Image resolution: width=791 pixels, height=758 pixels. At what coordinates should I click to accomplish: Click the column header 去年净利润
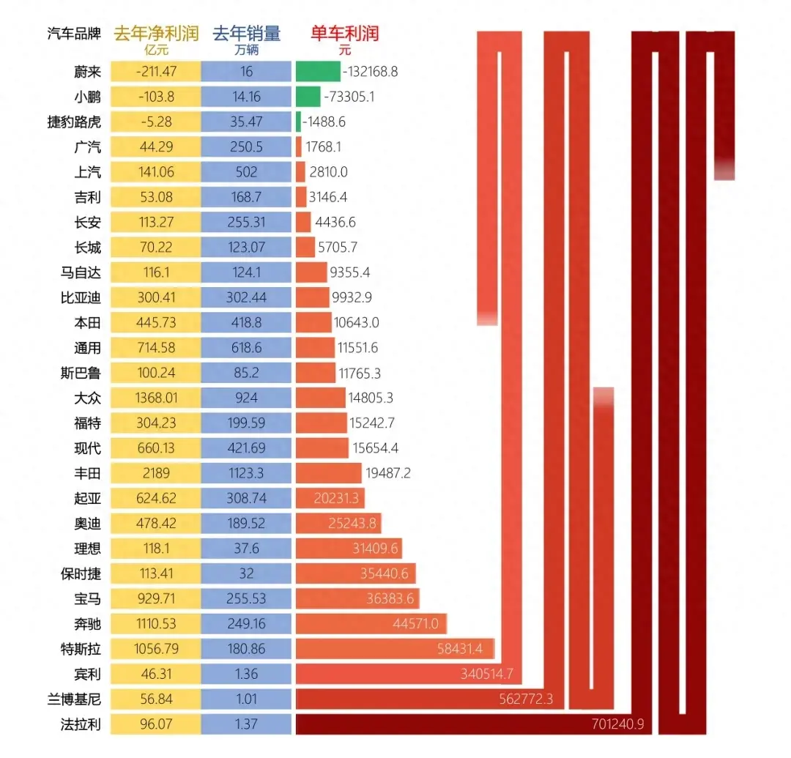[x=156, y=34]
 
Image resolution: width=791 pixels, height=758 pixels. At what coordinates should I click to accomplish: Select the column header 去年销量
[x=246, y=34]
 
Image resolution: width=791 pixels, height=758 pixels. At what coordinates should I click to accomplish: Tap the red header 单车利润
[x=345, y=34]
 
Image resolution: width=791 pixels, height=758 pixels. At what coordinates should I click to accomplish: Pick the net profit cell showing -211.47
[x=155, y=71]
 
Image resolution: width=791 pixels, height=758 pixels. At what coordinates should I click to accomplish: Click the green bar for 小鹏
[x=308, y=97]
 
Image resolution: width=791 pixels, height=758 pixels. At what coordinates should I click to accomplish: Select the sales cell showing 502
[x=246, y=172]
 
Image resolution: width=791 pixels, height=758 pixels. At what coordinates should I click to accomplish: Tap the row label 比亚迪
[x=81, y=297]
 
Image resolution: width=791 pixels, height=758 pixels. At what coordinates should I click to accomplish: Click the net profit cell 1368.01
[x=155, y=398]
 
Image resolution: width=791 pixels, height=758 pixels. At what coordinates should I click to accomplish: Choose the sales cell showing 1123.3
[x=246, y=473]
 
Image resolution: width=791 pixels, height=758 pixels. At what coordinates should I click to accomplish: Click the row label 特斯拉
[x=81, y=648]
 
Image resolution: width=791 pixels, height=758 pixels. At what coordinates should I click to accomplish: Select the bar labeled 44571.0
[x=371, y=623]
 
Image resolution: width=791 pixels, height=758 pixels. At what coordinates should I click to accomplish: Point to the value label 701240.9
[x=617, y=724]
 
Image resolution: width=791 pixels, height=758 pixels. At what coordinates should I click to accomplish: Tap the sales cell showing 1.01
[x=246, y=699]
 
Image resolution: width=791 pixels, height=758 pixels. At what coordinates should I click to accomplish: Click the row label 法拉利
[x=81, y=724]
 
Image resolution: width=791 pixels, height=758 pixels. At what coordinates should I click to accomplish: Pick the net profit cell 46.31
[x=155, y=674]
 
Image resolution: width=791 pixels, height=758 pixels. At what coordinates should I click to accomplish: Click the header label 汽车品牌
[x=74, y=34]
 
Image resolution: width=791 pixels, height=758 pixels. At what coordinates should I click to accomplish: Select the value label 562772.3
[x=525, y=699]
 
